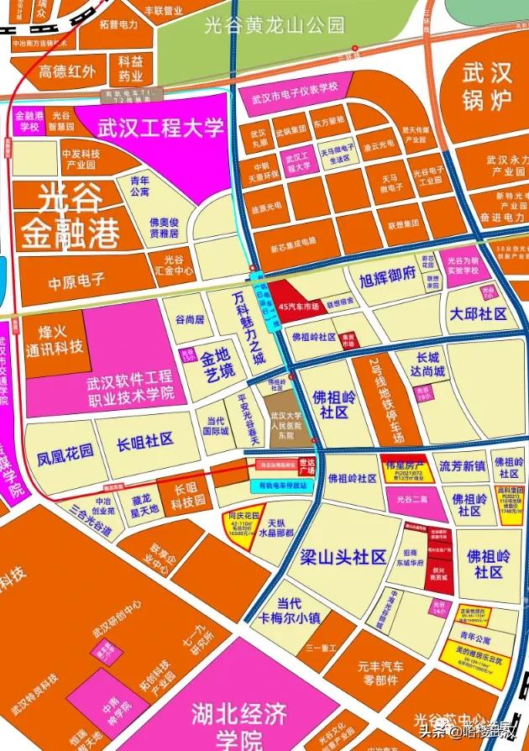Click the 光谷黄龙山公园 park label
coord(275,26)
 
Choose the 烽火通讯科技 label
coord(55,339)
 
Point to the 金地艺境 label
coord(217,365)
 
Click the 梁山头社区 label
coord(342,556)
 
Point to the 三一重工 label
coord(322,648)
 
